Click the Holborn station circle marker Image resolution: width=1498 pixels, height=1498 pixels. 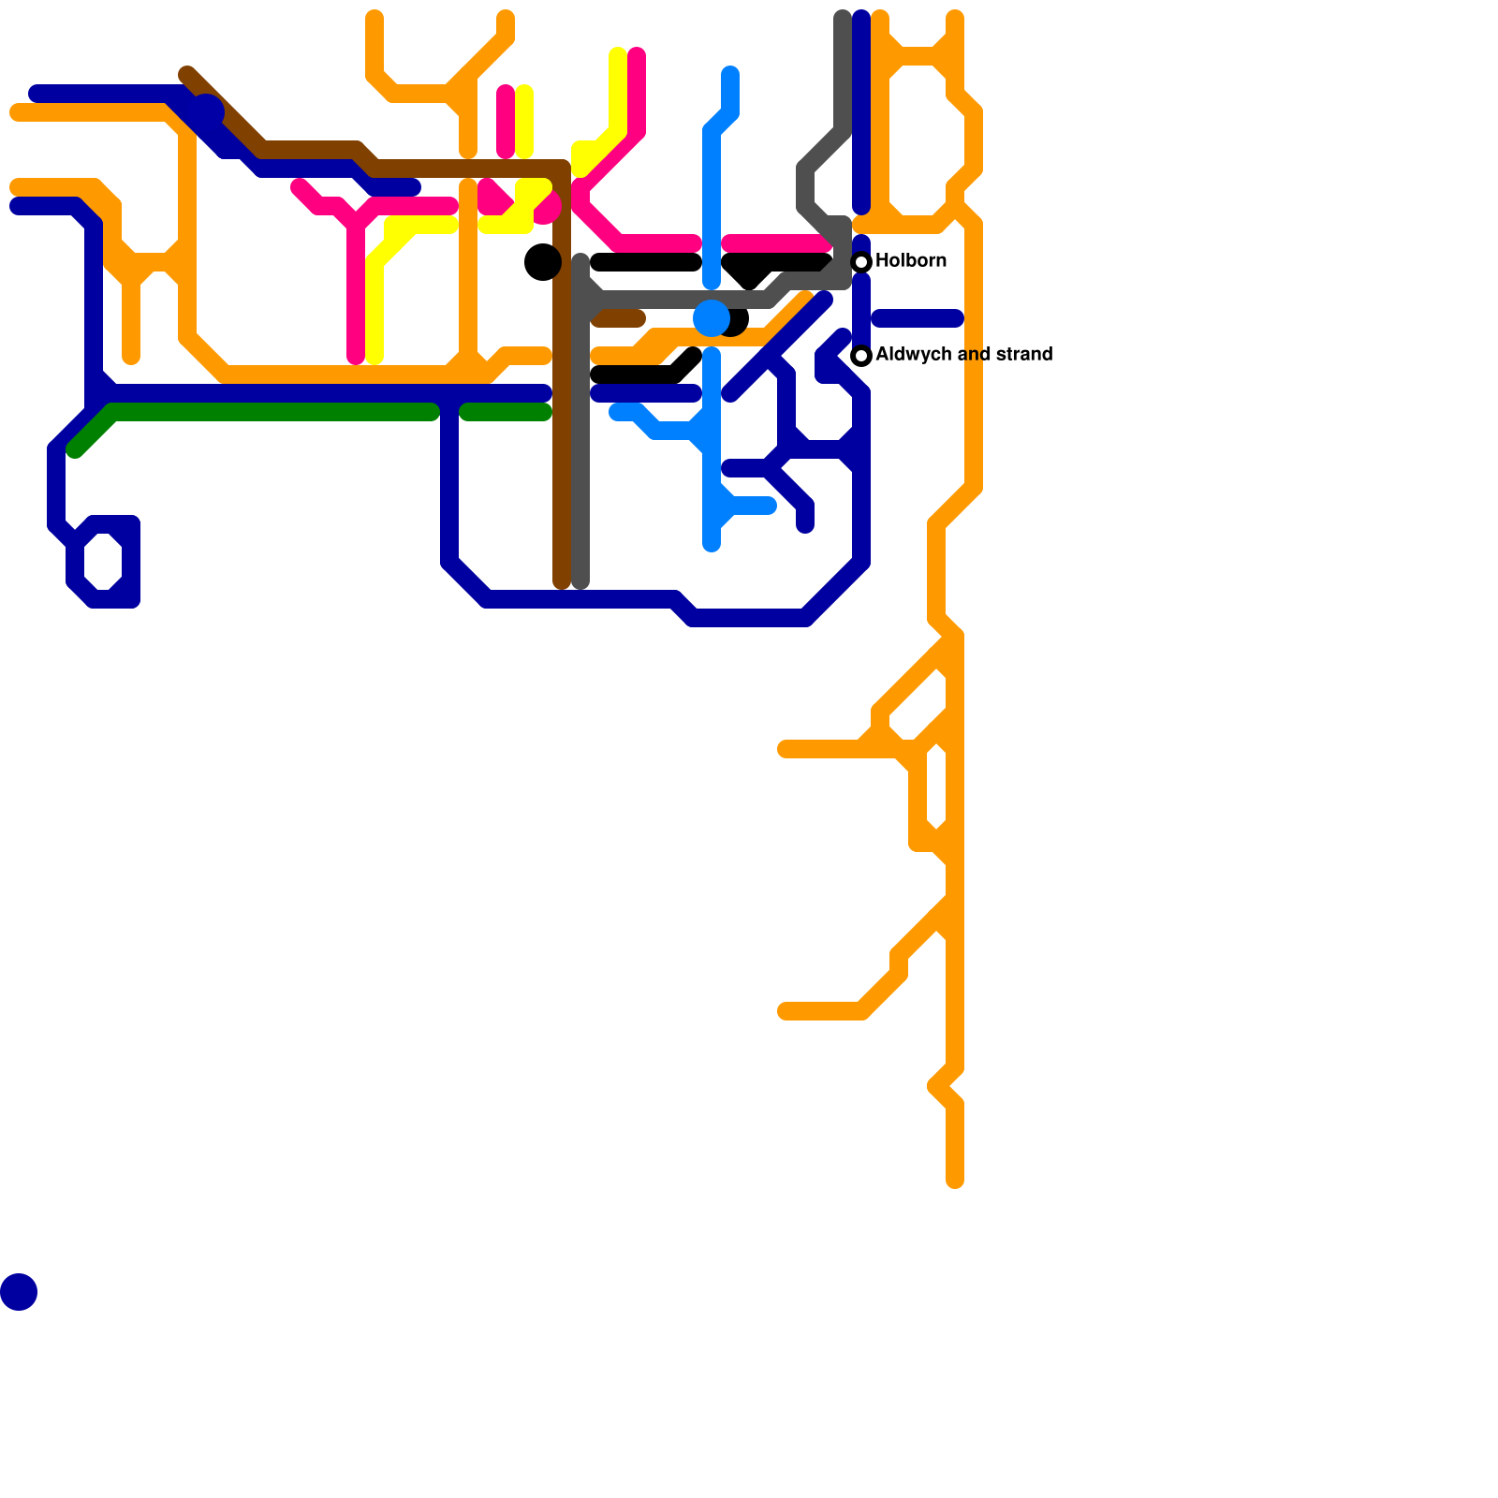pos(861,262)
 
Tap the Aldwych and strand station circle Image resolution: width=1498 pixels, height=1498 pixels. pos(861,356)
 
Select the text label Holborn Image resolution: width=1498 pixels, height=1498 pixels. pos(911,260)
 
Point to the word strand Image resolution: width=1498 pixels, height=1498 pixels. pos(1024,354)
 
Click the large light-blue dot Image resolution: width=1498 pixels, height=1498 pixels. pos(712,318)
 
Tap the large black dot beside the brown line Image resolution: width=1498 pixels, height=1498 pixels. pos(543,262)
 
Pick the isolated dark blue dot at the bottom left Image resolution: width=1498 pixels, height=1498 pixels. pos(19,1292)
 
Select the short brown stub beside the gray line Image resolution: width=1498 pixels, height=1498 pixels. pos(620,319)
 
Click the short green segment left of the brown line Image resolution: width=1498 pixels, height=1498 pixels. pos(507,412)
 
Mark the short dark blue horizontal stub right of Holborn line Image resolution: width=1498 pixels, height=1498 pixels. pos(918,318)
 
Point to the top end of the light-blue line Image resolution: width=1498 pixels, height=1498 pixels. pos(730,73)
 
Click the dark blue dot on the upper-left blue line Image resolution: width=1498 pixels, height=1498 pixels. pos(208,110)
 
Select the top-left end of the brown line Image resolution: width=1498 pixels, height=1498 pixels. pos(187,74)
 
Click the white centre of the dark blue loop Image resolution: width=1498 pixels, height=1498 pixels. pos(103,562)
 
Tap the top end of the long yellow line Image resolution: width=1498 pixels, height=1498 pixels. pos(618,54)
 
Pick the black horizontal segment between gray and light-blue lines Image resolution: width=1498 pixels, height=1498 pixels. pos(646,262)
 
